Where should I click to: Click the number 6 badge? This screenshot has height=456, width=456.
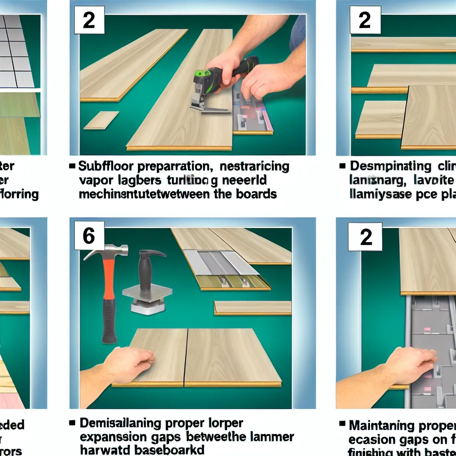pyautogui.click(x=89, y=236)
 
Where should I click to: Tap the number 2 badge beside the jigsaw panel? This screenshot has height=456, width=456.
pyautogui.click(x=89, y=20)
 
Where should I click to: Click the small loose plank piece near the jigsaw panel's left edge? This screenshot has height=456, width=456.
pyautogui.click(x=101, y=120)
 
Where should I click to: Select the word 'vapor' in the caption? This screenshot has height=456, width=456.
pyautogui.click(x=95, y=181)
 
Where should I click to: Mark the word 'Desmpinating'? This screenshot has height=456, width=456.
pyautogui.click(x=390, y=167)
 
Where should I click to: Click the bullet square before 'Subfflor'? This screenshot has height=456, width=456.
pyautogui.click(x=72, y=167)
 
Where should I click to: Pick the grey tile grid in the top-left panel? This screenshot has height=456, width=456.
pyautogui.click(x=16, y=51)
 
